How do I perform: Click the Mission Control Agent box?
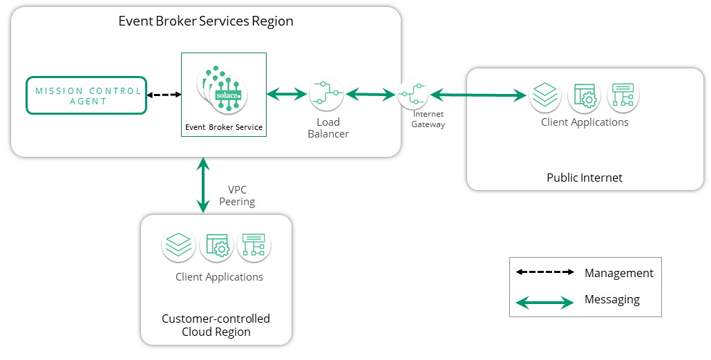click(x=86, y=95)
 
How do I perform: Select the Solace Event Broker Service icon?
click(x=223, y=88)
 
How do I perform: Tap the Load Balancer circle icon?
click(x=326, y=93)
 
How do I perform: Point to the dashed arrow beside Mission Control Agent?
click(x=164, y=95)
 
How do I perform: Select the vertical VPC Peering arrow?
click(x=202, y=184)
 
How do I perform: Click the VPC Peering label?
click(x=237, y=196)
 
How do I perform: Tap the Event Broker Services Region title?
click(x=206, y=21)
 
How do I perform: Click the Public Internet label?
click(x=585, y=178)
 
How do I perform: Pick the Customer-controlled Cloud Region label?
click(x=216, y=325)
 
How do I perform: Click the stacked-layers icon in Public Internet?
click(x=545, y=97)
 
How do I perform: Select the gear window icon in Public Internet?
click(x=584, y=97)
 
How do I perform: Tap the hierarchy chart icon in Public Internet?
click(x=623, y=97)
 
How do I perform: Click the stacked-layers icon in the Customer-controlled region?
click(x=178, y=246)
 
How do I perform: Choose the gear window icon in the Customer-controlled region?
click(x=216, y=246)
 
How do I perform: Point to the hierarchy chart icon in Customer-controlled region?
click(x=254, y=246)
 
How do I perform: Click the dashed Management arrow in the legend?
click(x=545, y=272)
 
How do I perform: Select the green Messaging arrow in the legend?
click(x=545, y=301)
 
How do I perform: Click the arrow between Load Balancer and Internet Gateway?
click(x=371, y=94)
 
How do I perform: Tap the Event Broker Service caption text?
click(x=224, y=127)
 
